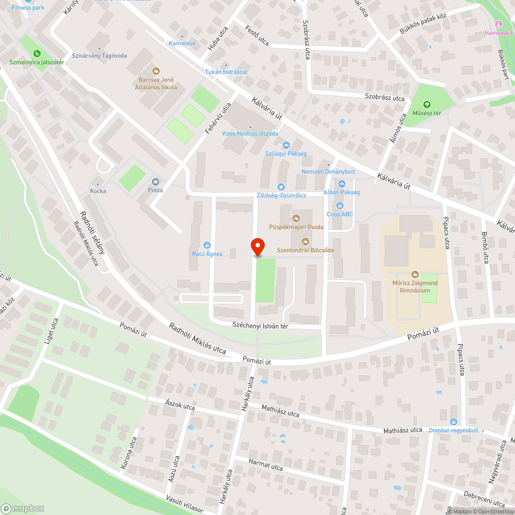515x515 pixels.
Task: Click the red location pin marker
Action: pos(257,247)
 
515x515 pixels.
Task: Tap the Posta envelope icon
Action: pos(155,181)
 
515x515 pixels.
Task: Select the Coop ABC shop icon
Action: pos(339,205)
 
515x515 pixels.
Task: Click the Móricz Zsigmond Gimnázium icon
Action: pos(415,274)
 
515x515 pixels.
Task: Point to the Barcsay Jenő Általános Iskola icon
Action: pos(155,71)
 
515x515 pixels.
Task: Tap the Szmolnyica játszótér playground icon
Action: pos(37,54)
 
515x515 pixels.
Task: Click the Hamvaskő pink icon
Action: pos(498,24)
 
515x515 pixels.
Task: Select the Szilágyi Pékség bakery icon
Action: pos(286,145)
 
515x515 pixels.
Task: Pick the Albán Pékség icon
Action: pos(341,184)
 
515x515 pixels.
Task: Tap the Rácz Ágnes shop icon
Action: pos(207,245)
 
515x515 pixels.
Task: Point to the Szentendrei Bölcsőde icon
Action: pos(305,242)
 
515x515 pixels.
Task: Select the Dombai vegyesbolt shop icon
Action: pos(453,422)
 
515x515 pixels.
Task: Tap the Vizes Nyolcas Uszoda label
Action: pos(250,133)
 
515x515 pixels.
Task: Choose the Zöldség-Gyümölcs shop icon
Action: pos(281,187)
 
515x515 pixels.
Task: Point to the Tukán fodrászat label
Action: pos(227,72)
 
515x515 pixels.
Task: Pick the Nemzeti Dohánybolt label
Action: pos(328,171)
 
